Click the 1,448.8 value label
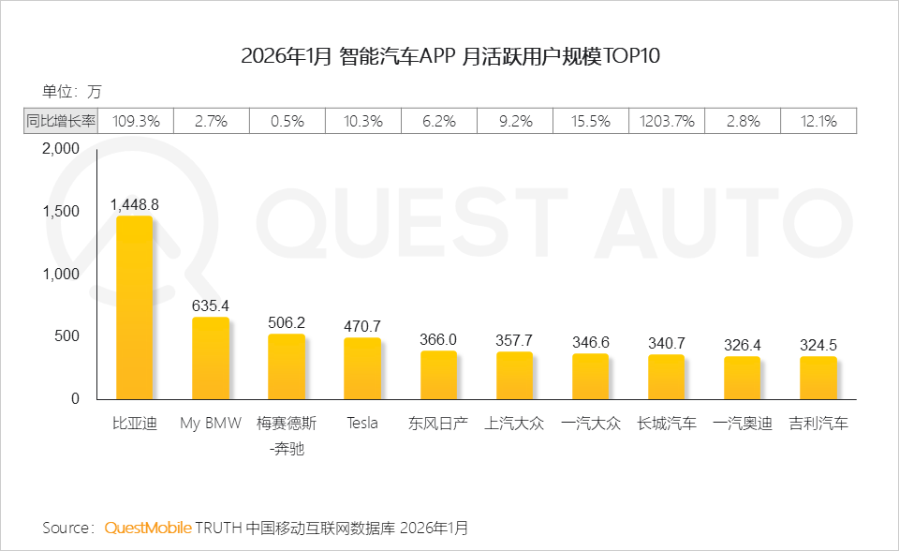pyautogui.click(x=135, y=203)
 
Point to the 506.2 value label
pyautogui.click(x=287, y=322)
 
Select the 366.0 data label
pyautogui.click(x=438, y=339)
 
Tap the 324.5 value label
pyautogui.click(x=818, y=345)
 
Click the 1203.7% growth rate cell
pyautogui.click(x=667, y=121)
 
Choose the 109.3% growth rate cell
pyautogui.click(x=136, y=121)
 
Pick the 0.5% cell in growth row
pyautogui.click(x=287, y=121)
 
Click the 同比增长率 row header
pyautogui.click(x=60, y=121)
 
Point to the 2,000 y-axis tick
pyautogui.click(x=62, y=149)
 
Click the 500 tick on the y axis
pyautogui.click(x=69, y=336)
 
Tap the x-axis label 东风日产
pyautogui.click(x=438, y=424)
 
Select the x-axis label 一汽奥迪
pyautogui.click(x=742, y=424)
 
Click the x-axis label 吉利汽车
pyautogui.click(x=818, y=424)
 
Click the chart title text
pyautogui.click(x=449, y=55)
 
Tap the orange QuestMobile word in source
pyautogui.click(x=148, y=528)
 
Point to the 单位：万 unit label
pyautogui.click(x=71, y=92)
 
